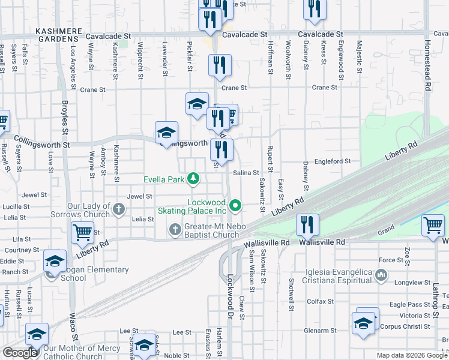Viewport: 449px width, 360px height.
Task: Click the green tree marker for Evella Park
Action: click(193, 178)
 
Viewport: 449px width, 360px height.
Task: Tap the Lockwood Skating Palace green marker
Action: click(236, 207)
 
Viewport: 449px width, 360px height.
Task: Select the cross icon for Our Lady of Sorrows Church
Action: click(119, 209)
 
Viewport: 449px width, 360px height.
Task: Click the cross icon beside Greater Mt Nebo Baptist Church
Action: click(175, 229)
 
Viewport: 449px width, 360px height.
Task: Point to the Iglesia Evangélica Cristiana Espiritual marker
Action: click(381, 275)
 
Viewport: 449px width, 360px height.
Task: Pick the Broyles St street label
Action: click(65, 116)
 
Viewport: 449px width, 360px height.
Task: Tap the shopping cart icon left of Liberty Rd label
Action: click(83, 233)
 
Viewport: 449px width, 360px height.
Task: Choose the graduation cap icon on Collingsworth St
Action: click(166, 133)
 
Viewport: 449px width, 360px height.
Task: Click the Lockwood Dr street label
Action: click(231, 297)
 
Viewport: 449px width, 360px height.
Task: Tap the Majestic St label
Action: click(359, 57)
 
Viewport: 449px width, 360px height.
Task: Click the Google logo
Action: click(20, 353)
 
